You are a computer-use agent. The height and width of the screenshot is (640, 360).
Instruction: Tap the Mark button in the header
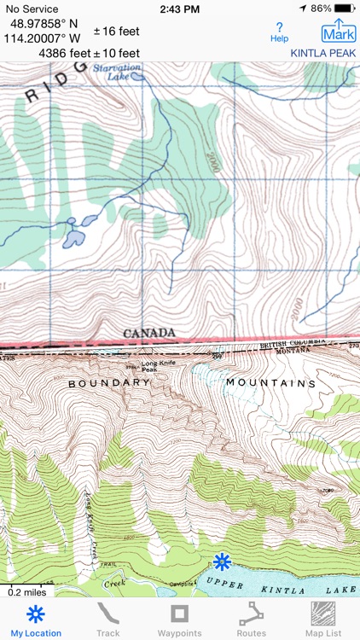[x=339, y=32]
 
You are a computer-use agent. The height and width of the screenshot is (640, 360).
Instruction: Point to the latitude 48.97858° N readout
[x=45, y=24]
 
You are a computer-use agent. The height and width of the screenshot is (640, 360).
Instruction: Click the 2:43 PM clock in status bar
[x=179, y=8]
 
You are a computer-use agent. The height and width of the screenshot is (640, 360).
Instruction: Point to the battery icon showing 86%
[x=345, y=8]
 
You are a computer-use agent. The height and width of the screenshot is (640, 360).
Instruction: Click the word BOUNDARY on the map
[x=109, y=384]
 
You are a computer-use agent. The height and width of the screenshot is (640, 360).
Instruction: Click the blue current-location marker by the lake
[x=223, y=561]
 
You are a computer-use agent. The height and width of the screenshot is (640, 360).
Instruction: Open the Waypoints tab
[x=179, y=620]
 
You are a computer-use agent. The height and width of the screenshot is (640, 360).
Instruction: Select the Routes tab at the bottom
[x=251, y=620]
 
